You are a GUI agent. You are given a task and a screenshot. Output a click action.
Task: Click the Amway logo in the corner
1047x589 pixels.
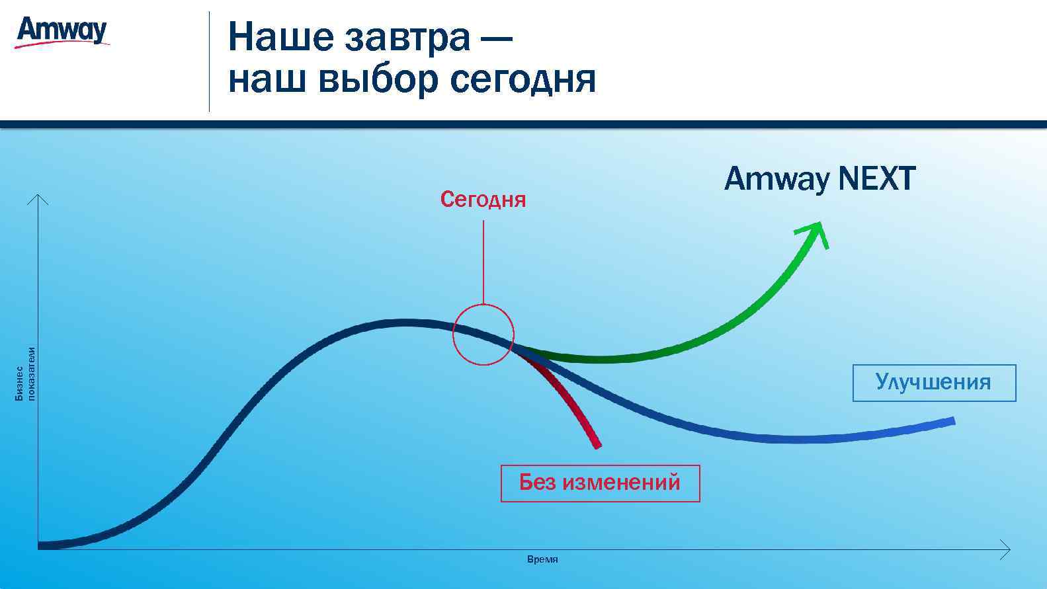62,32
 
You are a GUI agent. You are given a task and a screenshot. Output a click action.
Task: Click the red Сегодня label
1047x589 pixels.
483,200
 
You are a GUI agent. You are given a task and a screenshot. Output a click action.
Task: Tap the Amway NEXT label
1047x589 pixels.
819,179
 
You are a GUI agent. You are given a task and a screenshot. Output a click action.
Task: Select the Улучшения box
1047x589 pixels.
933,383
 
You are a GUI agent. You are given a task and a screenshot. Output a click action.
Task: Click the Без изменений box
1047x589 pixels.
600,483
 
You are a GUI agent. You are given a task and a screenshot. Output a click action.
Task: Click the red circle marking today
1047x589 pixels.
483,334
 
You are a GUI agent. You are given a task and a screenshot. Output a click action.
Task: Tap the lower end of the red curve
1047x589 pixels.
597,444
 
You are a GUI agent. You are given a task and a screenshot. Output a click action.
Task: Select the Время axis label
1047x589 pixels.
542,560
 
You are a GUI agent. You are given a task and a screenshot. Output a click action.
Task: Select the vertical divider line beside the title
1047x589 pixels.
209,61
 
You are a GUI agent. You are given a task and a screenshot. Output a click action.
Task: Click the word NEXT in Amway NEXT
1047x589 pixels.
876,179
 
